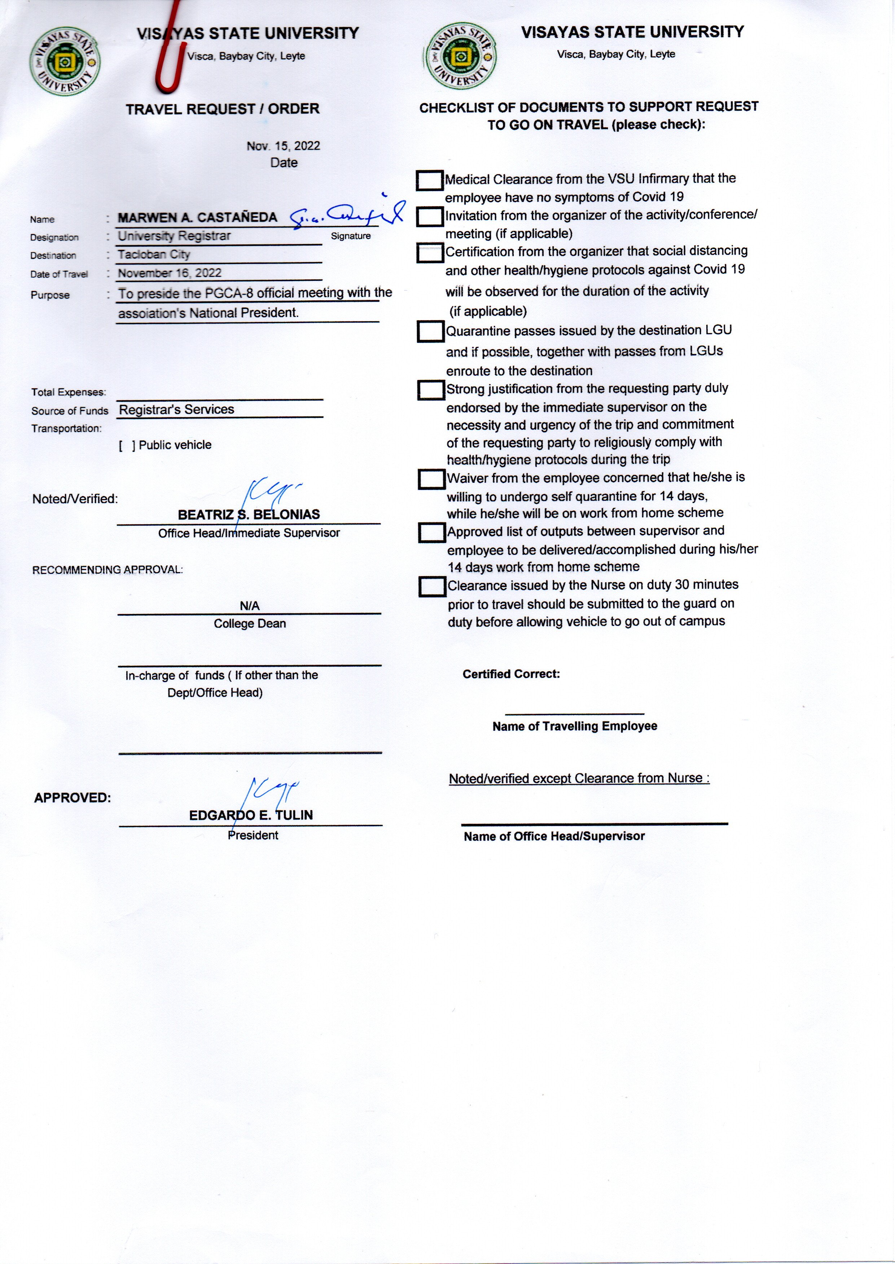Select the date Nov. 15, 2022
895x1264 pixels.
coord(283,146)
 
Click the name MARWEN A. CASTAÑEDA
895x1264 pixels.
coord(197,217)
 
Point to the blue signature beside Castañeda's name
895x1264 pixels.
coord(347,215)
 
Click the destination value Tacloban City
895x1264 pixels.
coord(154,255)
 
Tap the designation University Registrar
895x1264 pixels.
coord(174,236)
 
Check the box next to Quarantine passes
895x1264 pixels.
coord(430,332)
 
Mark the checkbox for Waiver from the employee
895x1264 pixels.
coord(431,479)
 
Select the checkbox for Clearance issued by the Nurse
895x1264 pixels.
coord(432,587)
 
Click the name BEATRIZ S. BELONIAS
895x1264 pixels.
coord(249,515)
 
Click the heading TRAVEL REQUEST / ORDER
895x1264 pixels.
coord(223,109)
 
